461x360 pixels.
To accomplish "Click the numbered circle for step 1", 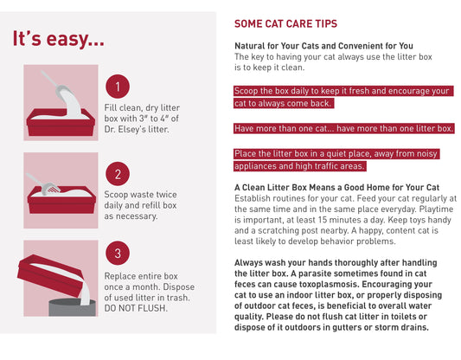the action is (118, 87).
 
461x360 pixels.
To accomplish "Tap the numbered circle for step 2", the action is (118, 174).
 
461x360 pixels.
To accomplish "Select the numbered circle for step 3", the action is (118, 254).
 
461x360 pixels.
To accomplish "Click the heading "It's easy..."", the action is (58, 39).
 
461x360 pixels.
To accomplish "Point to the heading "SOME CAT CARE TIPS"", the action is (285, 24).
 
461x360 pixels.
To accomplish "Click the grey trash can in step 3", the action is (72, 308).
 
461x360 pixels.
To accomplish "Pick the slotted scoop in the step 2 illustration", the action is (42, 184).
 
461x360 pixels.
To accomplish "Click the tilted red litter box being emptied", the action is (50, 274).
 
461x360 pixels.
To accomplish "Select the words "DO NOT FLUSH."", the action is (136, 308).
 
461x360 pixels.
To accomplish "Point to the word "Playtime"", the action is (436, 209).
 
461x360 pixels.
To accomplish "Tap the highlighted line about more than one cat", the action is (343, 129).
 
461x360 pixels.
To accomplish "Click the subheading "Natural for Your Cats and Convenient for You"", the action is (323, 46).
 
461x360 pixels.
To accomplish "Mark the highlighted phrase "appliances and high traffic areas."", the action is (300, 166).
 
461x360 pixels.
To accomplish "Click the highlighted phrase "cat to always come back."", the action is (284, 103).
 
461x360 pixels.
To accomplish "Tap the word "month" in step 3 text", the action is (145, 286).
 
